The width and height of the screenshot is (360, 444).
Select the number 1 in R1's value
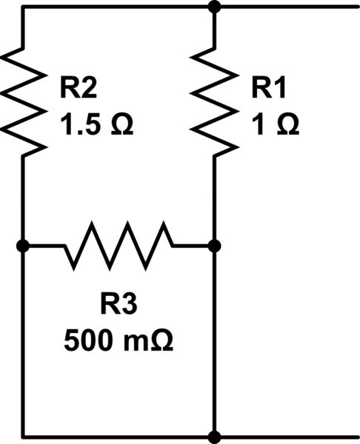tap(259, 126)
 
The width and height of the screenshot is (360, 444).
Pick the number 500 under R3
tap(88, 342)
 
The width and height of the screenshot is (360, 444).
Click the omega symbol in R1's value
tap(286, 126)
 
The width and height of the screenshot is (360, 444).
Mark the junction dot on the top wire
tap(215, 7)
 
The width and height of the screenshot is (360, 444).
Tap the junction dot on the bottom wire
tap(215, 437)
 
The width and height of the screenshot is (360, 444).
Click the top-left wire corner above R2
tap(24, 7)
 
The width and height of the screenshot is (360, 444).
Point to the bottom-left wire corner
tap(24, 437)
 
